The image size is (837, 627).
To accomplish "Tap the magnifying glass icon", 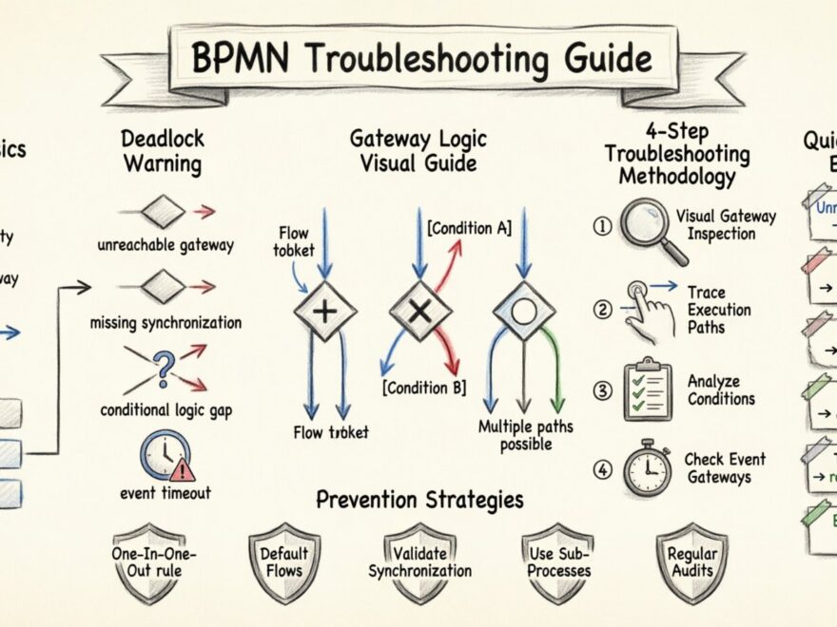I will tap(652, 229).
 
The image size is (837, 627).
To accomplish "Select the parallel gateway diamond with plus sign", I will tap(324, 311).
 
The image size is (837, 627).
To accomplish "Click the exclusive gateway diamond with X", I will tap(421, 311).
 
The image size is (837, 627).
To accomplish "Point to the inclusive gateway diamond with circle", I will tap(524, 311).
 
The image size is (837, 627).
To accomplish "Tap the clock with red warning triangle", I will tap(166, 455).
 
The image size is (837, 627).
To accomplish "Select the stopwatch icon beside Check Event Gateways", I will tap(648, 467).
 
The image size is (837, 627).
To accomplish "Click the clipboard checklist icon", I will tap(648, 389).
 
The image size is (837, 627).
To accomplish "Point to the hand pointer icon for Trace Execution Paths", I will tap(648, 310).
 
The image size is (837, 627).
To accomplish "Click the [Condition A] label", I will tap(469, 228).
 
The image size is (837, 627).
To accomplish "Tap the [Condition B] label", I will tap(425, 388).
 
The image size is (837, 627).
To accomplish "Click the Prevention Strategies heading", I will tap(419, 500).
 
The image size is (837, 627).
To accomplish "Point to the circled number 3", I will tap(601, 389).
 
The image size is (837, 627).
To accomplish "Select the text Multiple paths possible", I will tap(526, 436).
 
